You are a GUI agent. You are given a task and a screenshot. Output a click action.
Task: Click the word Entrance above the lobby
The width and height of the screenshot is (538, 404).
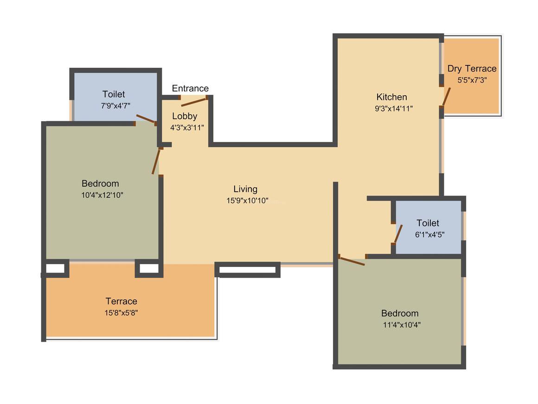point(190,88)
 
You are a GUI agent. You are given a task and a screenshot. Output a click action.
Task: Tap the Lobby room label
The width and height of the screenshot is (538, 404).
point(185,116)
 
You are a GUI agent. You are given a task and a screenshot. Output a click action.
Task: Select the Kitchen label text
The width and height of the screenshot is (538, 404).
point(391,97)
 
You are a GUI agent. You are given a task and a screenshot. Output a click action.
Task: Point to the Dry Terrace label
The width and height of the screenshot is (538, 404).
point(472,69)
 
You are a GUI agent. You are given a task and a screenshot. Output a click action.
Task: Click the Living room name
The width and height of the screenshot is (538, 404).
point(245,189)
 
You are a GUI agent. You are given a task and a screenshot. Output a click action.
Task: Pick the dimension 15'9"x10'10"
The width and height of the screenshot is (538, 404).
point(247,201)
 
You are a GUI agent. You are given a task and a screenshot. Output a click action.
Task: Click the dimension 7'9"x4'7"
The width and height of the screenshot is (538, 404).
point(115,106)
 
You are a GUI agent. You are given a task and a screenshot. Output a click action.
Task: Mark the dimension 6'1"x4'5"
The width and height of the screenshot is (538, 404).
point(429,235)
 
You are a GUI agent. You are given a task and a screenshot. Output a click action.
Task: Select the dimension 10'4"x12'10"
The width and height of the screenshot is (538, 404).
point(102,195)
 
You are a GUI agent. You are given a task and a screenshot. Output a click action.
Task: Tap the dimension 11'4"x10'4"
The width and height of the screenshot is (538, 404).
point(402,325)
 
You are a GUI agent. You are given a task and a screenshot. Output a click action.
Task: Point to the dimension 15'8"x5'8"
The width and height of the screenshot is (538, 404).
point(121,313)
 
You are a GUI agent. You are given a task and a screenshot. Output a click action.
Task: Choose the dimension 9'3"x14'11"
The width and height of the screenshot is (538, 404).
point(394,109)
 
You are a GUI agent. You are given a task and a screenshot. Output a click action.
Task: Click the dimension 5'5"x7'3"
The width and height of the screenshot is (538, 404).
point(472,80)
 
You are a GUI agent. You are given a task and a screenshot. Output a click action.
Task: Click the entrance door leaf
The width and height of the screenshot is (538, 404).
point(194,102)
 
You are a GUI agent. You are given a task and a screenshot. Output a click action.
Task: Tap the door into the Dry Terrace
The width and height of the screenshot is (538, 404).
point(446,97)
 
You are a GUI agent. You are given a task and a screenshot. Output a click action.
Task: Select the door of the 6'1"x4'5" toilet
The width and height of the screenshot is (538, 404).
point(398,234)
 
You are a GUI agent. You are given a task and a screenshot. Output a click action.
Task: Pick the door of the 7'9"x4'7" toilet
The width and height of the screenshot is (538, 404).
point(146,119)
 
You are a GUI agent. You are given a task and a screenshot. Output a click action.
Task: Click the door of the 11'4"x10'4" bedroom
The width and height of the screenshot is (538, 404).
point(352,261)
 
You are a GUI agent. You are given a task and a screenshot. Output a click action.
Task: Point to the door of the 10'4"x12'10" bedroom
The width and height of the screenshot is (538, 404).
point(156,161)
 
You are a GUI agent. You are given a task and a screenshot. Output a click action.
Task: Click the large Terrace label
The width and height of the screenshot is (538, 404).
point(121,301)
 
